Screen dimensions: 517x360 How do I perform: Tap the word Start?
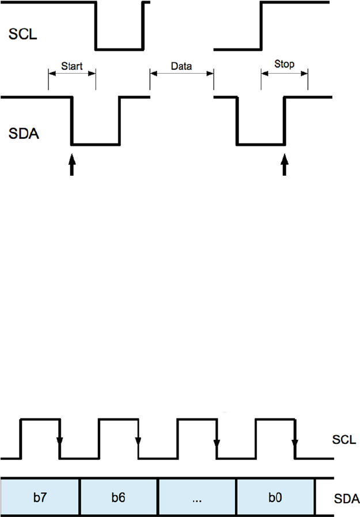[x=72, y=66]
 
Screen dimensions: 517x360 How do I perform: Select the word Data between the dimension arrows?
[x=181, y=66]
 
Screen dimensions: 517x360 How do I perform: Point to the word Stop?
[x=285, y=65]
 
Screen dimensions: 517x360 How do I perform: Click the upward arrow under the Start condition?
[x=72, y=167]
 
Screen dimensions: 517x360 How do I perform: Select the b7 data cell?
[x=40, y=496]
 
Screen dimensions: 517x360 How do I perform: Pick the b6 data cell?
[x=118, y=496]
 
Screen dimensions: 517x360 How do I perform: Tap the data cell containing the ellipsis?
[x=197, y=496]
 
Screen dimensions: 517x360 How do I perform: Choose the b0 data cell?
[x=275, y=496]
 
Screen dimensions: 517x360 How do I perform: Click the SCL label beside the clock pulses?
[x=344, y=440]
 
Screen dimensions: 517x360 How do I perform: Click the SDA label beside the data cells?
[x=346, y=497]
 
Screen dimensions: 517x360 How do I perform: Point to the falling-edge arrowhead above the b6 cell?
[x=138, y=442]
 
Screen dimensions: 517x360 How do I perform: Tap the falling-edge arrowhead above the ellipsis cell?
[x=216, y=442]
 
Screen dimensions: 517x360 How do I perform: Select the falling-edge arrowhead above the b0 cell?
[x=294, y=442]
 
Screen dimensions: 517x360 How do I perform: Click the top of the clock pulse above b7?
[x=40, y=420]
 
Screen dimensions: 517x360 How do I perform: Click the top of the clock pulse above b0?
[x=275, y=420]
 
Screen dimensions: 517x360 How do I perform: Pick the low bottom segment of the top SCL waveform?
[x=119, y=50]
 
